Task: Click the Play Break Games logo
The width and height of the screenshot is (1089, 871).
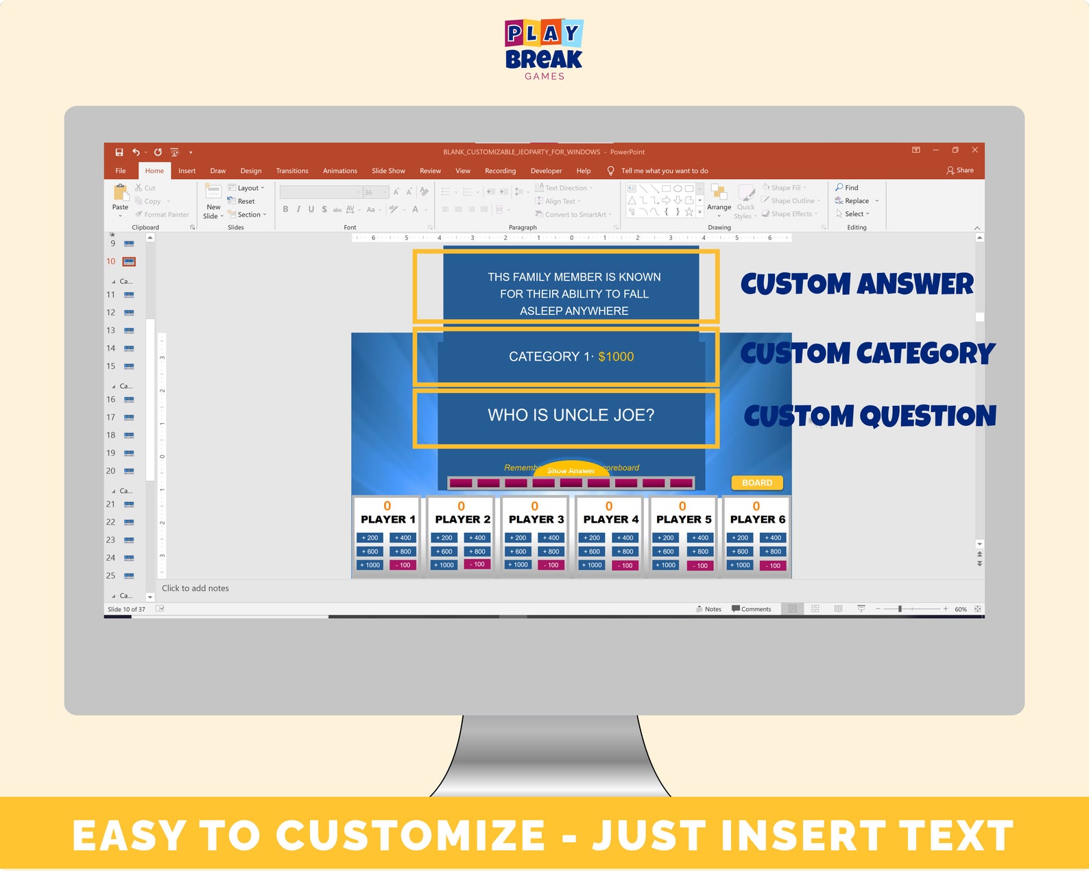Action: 544,49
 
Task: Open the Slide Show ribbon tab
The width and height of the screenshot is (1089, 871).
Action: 388,171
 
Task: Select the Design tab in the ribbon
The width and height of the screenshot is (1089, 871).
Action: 250,171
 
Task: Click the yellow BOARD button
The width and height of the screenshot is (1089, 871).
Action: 756,483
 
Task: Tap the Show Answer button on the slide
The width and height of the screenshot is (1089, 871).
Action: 571,470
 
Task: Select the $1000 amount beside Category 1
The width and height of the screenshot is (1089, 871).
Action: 616,357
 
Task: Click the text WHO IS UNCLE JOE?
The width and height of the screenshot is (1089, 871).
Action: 571,415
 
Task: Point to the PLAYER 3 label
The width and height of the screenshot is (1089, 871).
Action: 536,519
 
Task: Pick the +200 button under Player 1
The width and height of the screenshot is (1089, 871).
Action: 370,538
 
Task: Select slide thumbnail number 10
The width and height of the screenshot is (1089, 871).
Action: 129,261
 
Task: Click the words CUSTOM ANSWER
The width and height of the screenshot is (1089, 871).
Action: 857,284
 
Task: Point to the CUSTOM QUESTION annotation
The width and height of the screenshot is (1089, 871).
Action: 870,416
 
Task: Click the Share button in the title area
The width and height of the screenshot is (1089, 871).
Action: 960,170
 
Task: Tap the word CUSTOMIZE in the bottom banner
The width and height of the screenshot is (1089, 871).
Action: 410,835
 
